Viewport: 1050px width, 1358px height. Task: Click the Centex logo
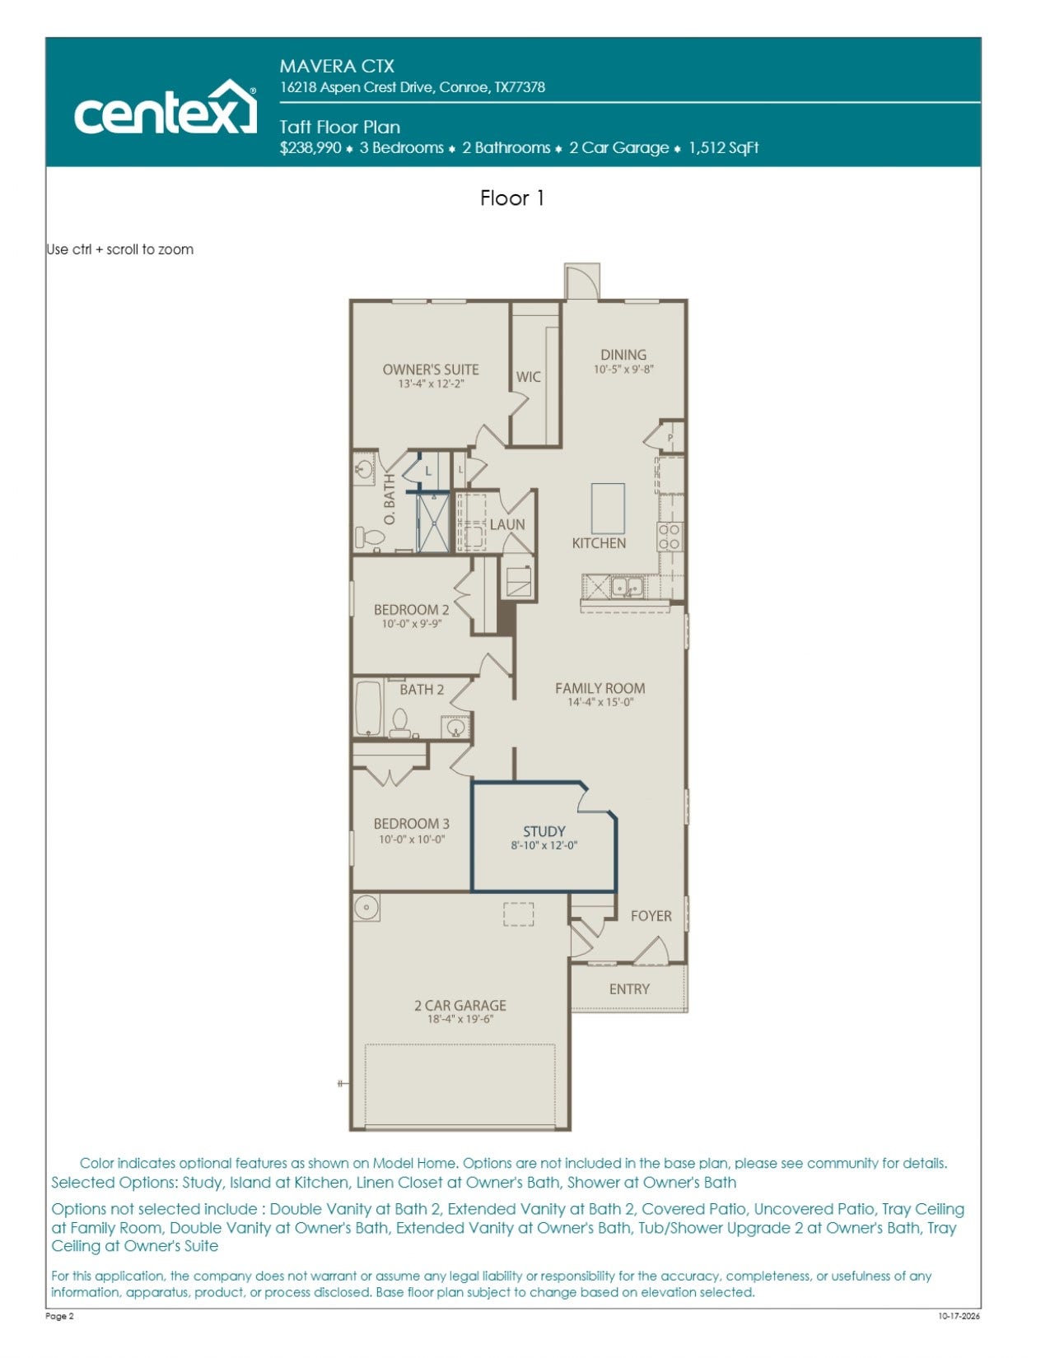(166, 107)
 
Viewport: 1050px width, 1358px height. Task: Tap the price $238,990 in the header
(310, 148)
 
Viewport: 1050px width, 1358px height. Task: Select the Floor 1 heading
(512, 198)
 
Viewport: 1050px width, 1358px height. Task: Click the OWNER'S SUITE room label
(431, 370)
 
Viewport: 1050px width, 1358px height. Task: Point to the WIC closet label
(529, 377)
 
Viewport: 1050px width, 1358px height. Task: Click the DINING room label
(623, 355)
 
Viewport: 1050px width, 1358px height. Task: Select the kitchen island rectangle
(608, 508)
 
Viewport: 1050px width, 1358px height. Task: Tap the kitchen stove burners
(670, 537)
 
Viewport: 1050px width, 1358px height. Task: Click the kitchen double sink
(627, 587)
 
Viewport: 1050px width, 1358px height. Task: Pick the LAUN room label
(507, 525)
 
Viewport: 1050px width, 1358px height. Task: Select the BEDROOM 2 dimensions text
(412, 624)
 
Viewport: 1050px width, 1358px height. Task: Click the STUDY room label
(544, 832)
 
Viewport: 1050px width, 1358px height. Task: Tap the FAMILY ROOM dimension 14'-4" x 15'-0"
(600, 702)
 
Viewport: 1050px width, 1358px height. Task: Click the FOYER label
(651, 916)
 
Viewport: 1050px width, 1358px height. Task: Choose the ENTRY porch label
(629, 989)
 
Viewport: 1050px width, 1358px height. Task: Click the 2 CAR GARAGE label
(460, 1006)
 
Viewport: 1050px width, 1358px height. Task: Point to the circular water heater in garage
(366, 907)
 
